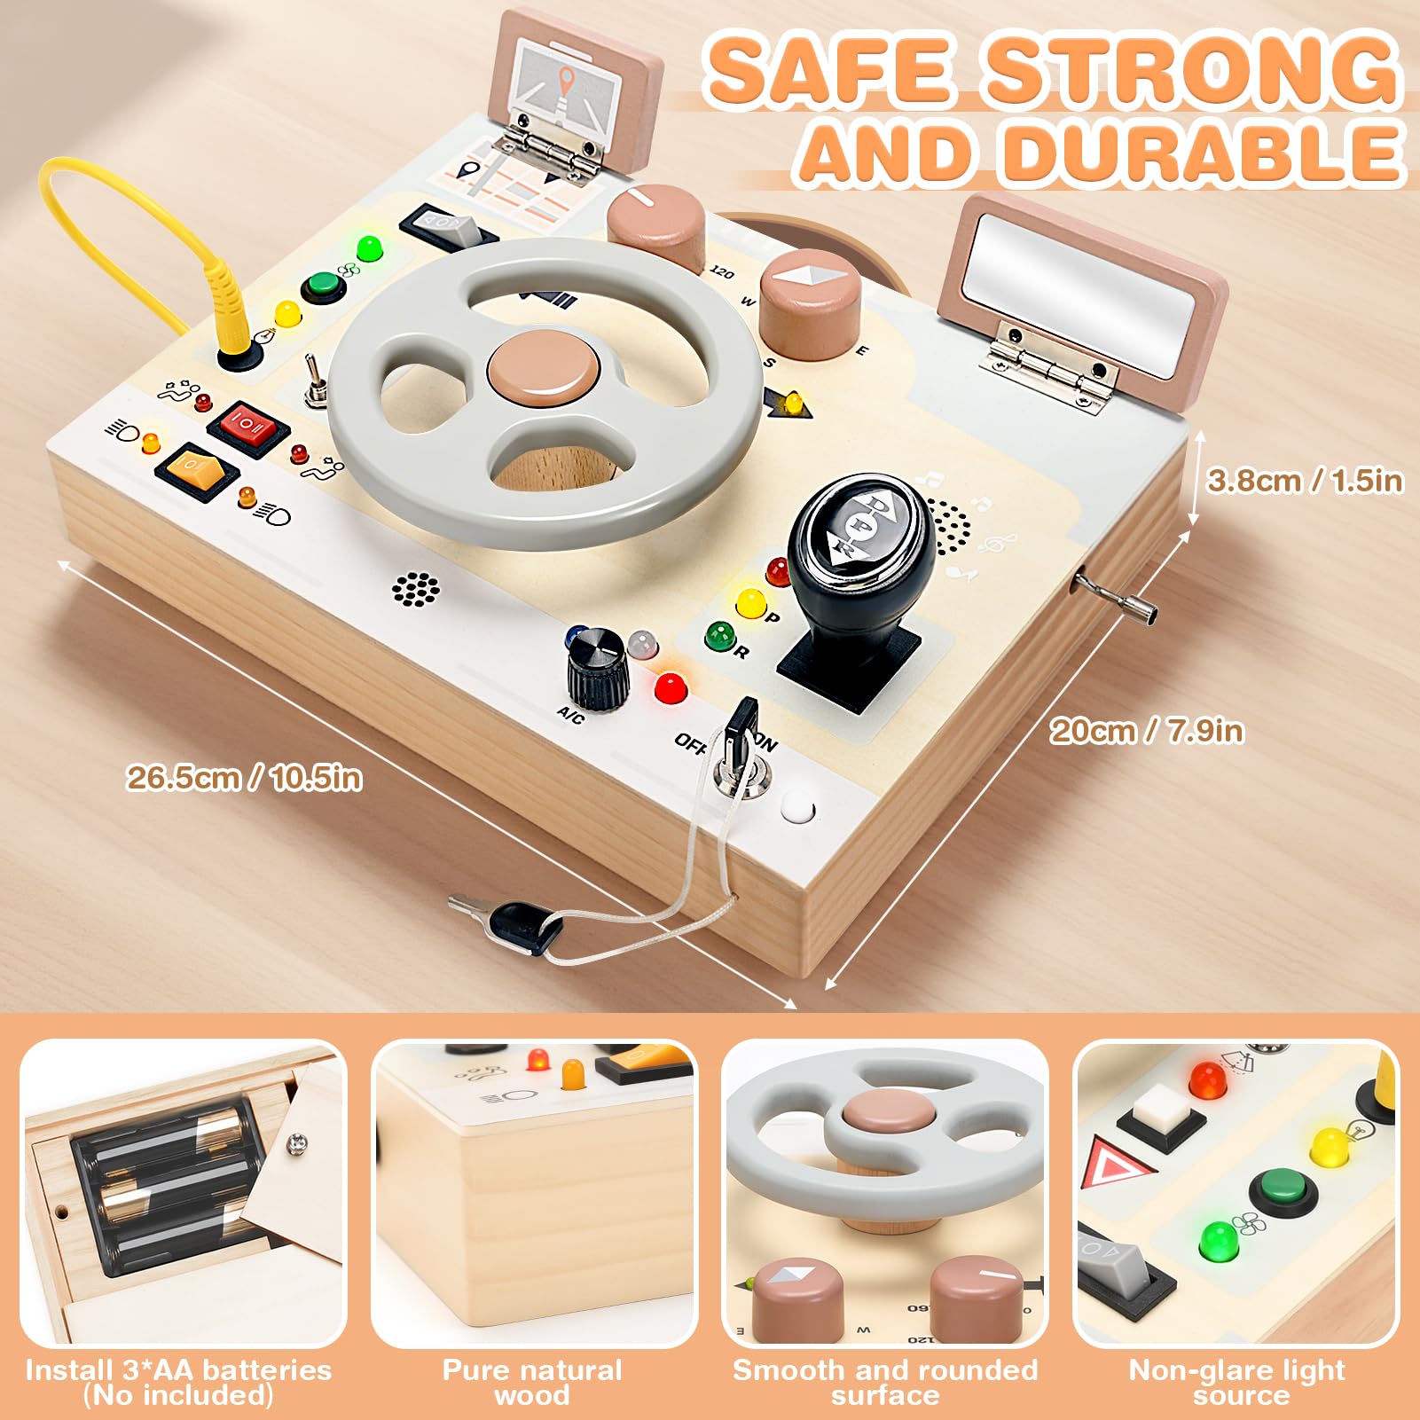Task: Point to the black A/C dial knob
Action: pyautogui.click(x=597, y=667)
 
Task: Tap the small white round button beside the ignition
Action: pyautogui.click(x=796, y=809)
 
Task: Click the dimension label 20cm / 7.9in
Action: pyautogui.click(x=1147, y=731)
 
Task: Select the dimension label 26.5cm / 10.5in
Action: pyautogui.click(x=245, y=778)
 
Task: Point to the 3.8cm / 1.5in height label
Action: pyautogui.click(x=1306, y=481)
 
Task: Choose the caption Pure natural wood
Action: pyautogui.click(x=532, y=1383)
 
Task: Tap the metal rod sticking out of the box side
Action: pyautogui.click(x=1116, y=597)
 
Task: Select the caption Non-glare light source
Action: pyautogui.click(x=1237, y=1383)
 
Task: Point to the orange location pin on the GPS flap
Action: pyautogui.click(x=566, y=82)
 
